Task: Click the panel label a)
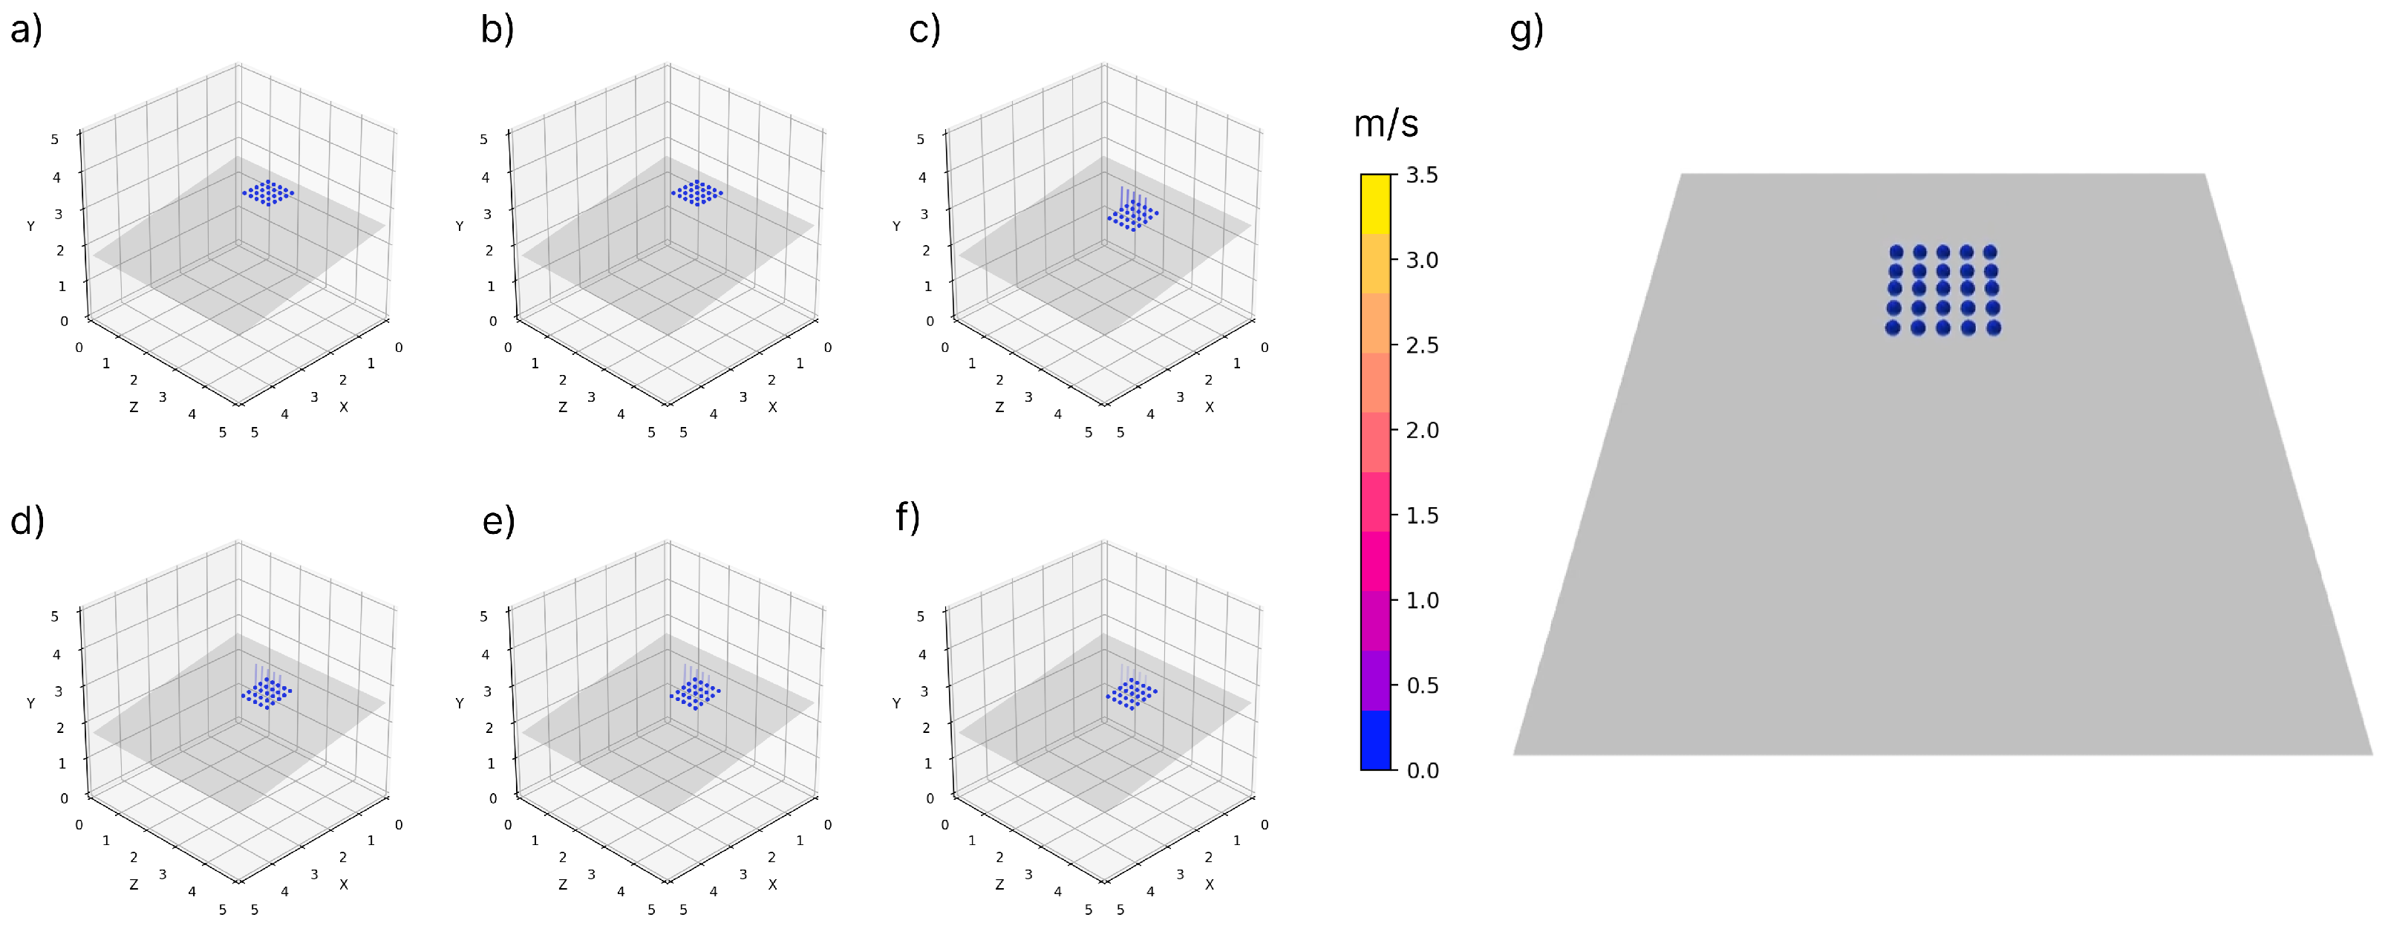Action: click(x=26, y=30)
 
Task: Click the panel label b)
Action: click(x=497, y=30)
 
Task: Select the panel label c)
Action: click(x=924, y=30)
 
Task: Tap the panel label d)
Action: click(x=27, y=521)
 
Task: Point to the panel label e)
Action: click(x=498, y=521)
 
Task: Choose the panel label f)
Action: click(x=908, y=518)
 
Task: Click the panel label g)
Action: click(x=1527, y=30)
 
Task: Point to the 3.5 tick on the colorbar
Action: click(x=1422, y=175)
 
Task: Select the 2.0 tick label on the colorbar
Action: click(x=1422, y=430)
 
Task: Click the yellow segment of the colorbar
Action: click(x=1376, y=203)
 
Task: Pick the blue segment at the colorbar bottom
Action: click(x=1376, y=741)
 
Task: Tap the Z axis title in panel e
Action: click(x=563, y=885)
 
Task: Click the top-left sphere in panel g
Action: click(x=1896, y=252)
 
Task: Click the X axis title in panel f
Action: click(x=1209, y=885)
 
